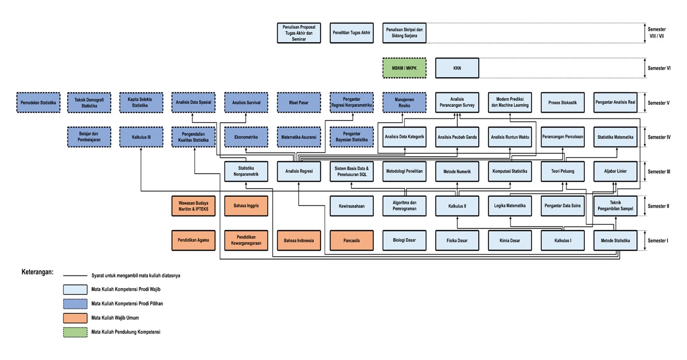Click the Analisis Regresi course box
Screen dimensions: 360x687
pyautogui.click(x=299, y=171)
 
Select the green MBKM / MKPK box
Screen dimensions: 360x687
pyautogui.click(x=404, y=68)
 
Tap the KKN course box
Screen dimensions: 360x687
pyautogui.click(x=457, y=68)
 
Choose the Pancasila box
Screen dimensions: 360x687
pyautogui.click(x=351, y=241)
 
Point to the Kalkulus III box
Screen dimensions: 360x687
pyautogui.click(x=141, y=137)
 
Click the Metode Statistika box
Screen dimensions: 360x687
pyautogui.click(x=615, y=241)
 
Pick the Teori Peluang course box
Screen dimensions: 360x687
pyautogui.click(x=562, y=171)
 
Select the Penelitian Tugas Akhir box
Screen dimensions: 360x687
pyautogui.click(x=351, y=33)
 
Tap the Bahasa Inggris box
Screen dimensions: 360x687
pyautogui.click(x=246, y=206)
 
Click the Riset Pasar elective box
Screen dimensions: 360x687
pyautogui.click(x=299, y=103)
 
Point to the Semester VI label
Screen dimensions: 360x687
pyautogui.click(x=658, y=68)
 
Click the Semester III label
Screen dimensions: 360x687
pyautogui.click(x=658, y=171)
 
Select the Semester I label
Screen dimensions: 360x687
pyautogui.click(x=658, y=241)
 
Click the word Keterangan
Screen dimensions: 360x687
pyautogui.click(x=37, y=272)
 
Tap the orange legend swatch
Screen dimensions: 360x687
pyautogui.click(x=75, y=317)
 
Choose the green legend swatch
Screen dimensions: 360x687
pyautogui.click(x=75, y=331)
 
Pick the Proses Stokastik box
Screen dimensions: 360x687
pyautogui.click(x=562, y=103)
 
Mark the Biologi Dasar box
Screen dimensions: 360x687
pyautogui.click(x=404, y=241)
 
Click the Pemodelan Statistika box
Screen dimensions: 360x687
pyautogui.click(x=39, y=103)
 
